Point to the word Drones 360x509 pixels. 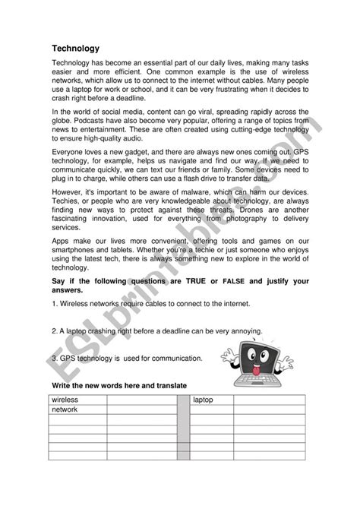268,227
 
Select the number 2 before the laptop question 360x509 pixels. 52,331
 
